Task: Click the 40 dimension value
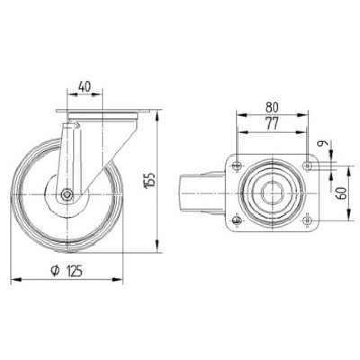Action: [85, 86]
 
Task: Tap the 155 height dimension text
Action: [149, 181]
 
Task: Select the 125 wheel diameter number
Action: [75, 271]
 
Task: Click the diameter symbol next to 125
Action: [55, 271]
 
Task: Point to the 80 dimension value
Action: [272, 107]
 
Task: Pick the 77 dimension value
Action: [272, 123]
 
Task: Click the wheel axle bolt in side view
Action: [67, 195]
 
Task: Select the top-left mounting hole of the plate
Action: [237, 165]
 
